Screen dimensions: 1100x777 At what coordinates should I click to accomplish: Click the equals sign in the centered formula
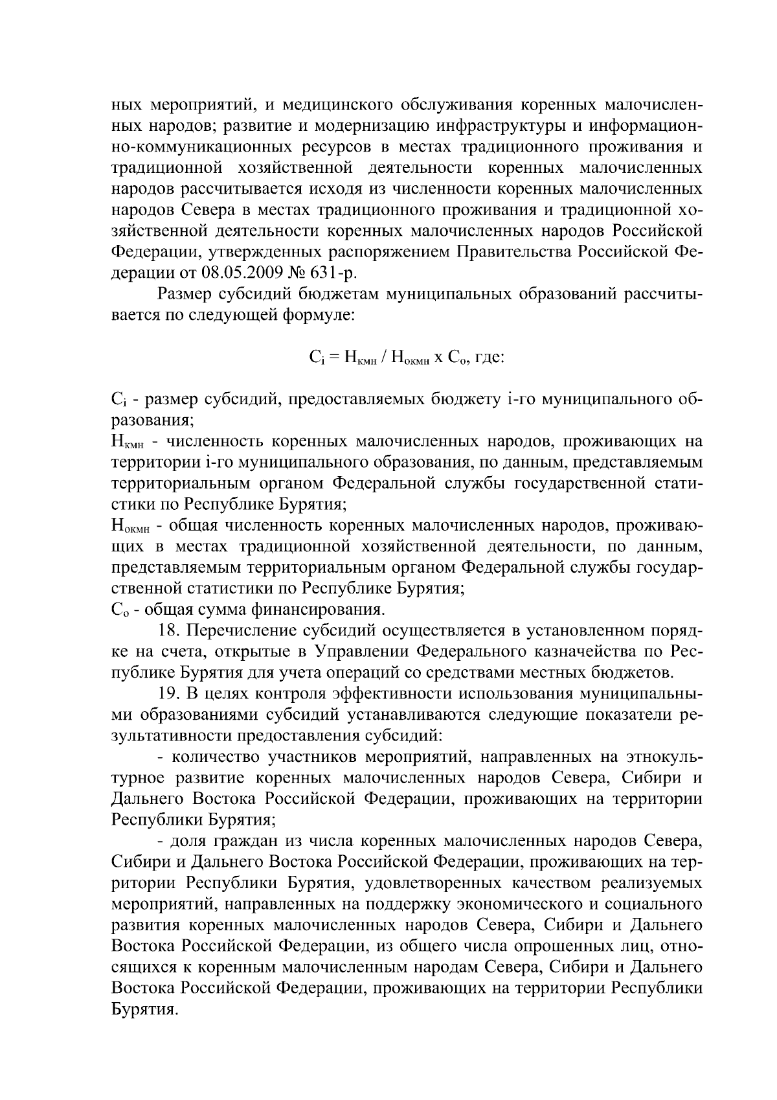point(330,356)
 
